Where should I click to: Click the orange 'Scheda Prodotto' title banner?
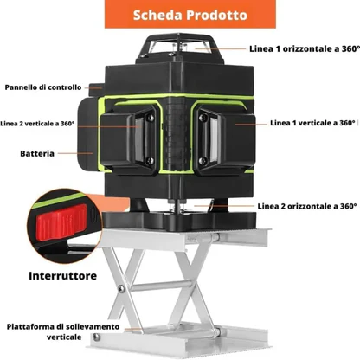point(179,16)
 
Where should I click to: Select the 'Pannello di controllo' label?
point(42,87)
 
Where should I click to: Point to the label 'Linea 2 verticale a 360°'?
point(39,123)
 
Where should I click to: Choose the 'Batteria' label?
point(38,153)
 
